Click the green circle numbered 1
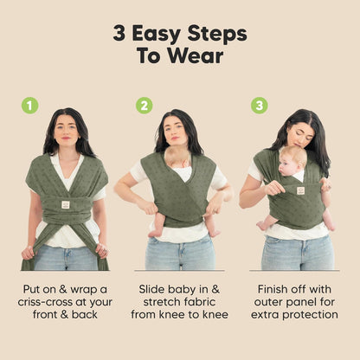[x=30, y=106]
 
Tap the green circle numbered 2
[x=144, y=106]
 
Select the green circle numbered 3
[x=259, y=106]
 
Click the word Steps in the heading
[x=221, y=34]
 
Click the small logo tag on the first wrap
[x=65, y=205]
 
